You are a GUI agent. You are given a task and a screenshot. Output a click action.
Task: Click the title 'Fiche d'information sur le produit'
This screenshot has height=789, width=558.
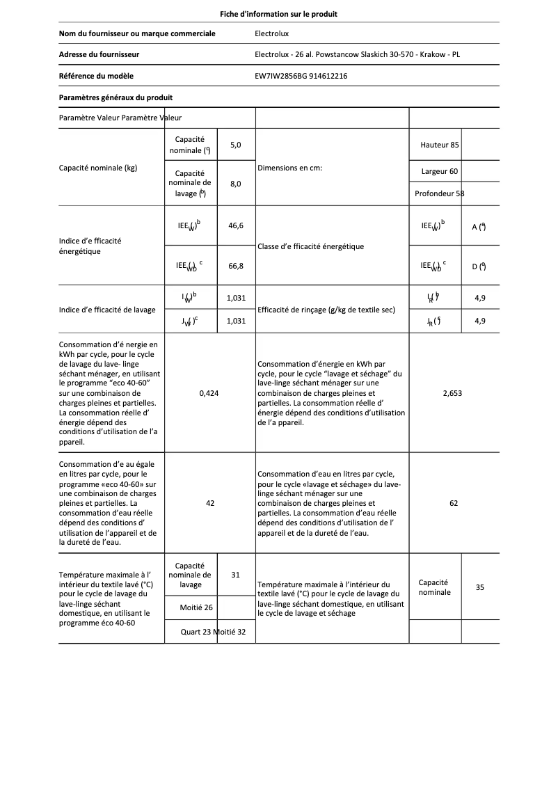pos(278,14)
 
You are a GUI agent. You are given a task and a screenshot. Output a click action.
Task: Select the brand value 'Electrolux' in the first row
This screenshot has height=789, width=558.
pos(272,33)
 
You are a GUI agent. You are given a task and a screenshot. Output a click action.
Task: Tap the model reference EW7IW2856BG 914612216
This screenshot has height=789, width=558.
pos(301,76)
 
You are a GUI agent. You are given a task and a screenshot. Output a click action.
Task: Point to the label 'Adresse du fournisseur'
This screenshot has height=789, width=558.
pos(99,54)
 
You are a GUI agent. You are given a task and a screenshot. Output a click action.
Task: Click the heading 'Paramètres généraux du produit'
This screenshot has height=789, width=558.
pos(115,97)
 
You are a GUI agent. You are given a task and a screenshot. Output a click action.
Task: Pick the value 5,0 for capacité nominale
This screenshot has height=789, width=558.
pos(235,145)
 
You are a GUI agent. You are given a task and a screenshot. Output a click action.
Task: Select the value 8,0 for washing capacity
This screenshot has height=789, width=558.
pos(235,184)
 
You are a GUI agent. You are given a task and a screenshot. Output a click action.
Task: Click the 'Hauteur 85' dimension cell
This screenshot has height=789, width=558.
pos(440,145)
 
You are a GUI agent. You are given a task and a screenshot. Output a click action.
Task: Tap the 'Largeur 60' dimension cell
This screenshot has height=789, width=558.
pos(440,171)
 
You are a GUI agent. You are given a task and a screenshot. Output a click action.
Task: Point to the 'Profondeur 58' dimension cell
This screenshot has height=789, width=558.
pos(439,193)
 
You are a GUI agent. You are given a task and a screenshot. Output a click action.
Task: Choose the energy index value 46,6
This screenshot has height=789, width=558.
pos(236,225)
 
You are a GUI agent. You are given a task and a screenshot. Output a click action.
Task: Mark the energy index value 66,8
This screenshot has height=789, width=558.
pos(236,265)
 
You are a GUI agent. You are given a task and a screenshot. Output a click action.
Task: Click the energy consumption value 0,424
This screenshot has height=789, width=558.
pos(209,393)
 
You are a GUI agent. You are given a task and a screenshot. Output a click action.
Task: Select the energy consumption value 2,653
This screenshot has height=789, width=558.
pos(452,393)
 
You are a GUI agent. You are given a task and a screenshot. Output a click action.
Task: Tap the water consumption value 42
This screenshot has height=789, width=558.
pos(210,503)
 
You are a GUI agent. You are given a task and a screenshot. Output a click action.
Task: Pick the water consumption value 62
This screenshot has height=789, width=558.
pos(454,503)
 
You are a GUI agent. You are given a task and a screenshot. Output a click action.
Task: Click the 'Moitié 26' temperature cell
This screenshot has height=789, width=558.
pos(196,607)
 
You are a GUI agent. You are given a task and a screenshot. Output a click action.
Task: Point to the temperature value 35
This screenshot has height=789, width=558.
pos(480,587)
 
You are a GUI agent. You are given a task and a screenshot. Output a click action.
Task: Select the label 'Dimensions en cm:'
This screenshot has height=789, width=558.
pos(289,168)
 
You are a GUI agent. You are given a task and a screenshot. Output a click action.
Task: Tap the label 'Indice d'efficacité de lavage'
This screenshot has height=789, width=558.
pos(107,310)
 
